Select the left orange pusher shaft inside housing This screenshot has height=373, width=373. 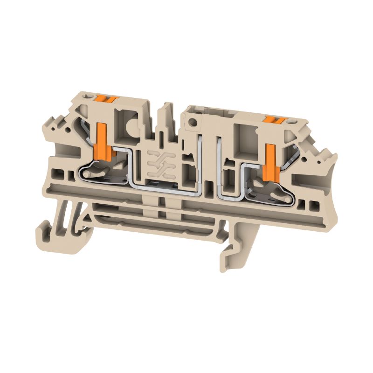pos(102,140)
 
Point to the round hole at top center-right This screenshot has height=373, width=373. pos(190,124)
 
